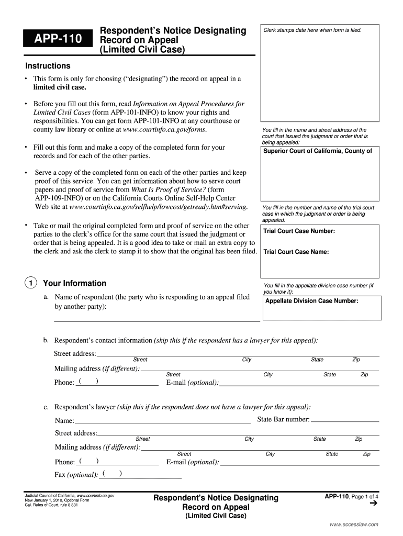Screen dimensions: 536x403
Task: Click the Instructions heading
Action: point(48,66)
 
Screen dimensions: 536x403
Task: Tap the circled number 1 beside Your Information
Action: point(30,284)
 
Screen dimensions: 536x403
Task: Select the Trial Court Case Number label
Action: point(299,231)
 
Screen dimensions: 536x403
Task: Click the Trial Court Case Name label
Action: point(296,252)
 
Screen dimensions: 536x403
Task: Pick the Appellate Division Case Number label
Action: point(311,301)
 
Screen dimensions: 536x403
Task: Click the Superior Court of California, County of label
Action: point(317,151)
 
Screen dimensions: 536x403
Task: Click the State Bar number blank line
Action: point(345,420)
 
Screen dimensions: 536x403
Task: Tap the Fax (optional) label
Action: point(76,475)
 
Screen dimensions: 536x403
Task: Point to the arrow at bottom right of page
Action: point(373,504)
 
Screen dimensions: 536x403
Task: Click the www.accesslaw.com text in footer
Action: point(353,524)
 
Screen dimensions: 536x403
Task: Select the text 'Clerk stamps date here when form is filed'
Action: point(312,30)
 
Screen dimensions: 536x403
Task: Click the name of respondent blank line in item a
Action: point(157,319)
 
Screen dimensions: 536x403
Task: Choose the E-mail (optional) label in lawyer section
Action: point(192,462)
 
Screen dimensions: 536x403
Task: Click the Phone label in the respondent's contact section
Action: point(64,383)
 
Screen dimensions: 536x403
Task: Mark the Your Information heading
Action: point(74,283)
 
